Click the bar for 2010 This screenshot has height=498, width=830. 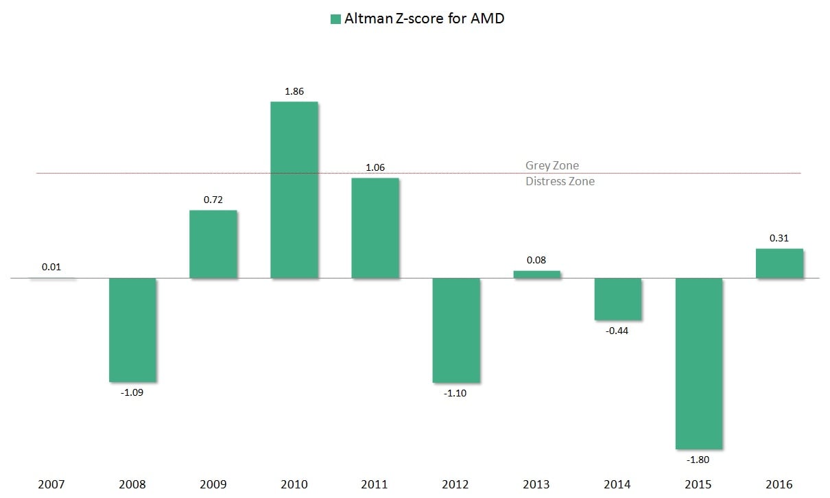pos(294,190)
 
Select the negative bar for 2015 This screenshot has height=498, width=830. pos(699,364)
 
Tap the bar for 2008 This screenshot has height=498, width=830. pos(132,329)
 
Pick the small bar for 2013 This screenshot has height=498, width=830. pos(537,274)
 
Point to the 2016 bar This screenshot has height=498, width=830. pos(779,263)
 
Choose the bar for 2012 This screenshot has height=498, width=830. pos(456,330)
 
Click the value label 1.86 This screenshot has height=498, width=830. pos(294,91)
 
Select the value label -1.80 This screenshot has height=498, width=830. pos(699,460)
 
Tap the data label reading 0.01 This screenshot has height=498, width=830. pos(51,267)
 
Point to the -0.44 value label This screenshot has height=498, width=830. pos(618,331)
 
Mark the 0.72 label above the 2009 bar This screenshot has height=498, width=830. pos(213,199)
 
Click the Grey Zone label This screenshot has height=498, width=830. pos(552,165)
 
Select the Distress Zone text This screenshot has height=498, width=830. pos(560,182)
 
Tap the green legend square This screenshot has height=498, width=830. pos(335,19)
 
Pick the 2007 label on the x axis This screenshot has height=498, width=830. pos(51,484)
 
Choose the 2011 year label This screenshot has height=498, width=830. pos(375,484)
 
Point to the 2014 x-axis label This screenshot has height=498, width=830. pos(618,484)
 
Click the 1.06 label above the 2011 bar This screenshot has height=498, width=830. pos(375,167)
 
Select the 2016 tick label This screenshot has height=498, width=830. pos(779,484)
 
